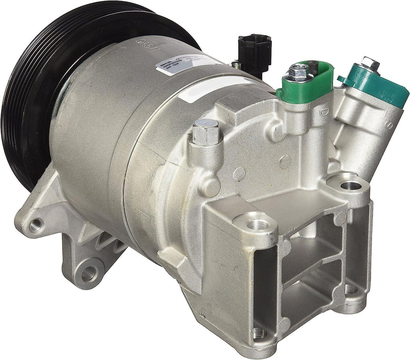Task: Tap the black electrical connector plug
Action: click(255, 52)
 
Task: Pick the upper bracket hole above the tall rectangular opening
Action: click(256, 224)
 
